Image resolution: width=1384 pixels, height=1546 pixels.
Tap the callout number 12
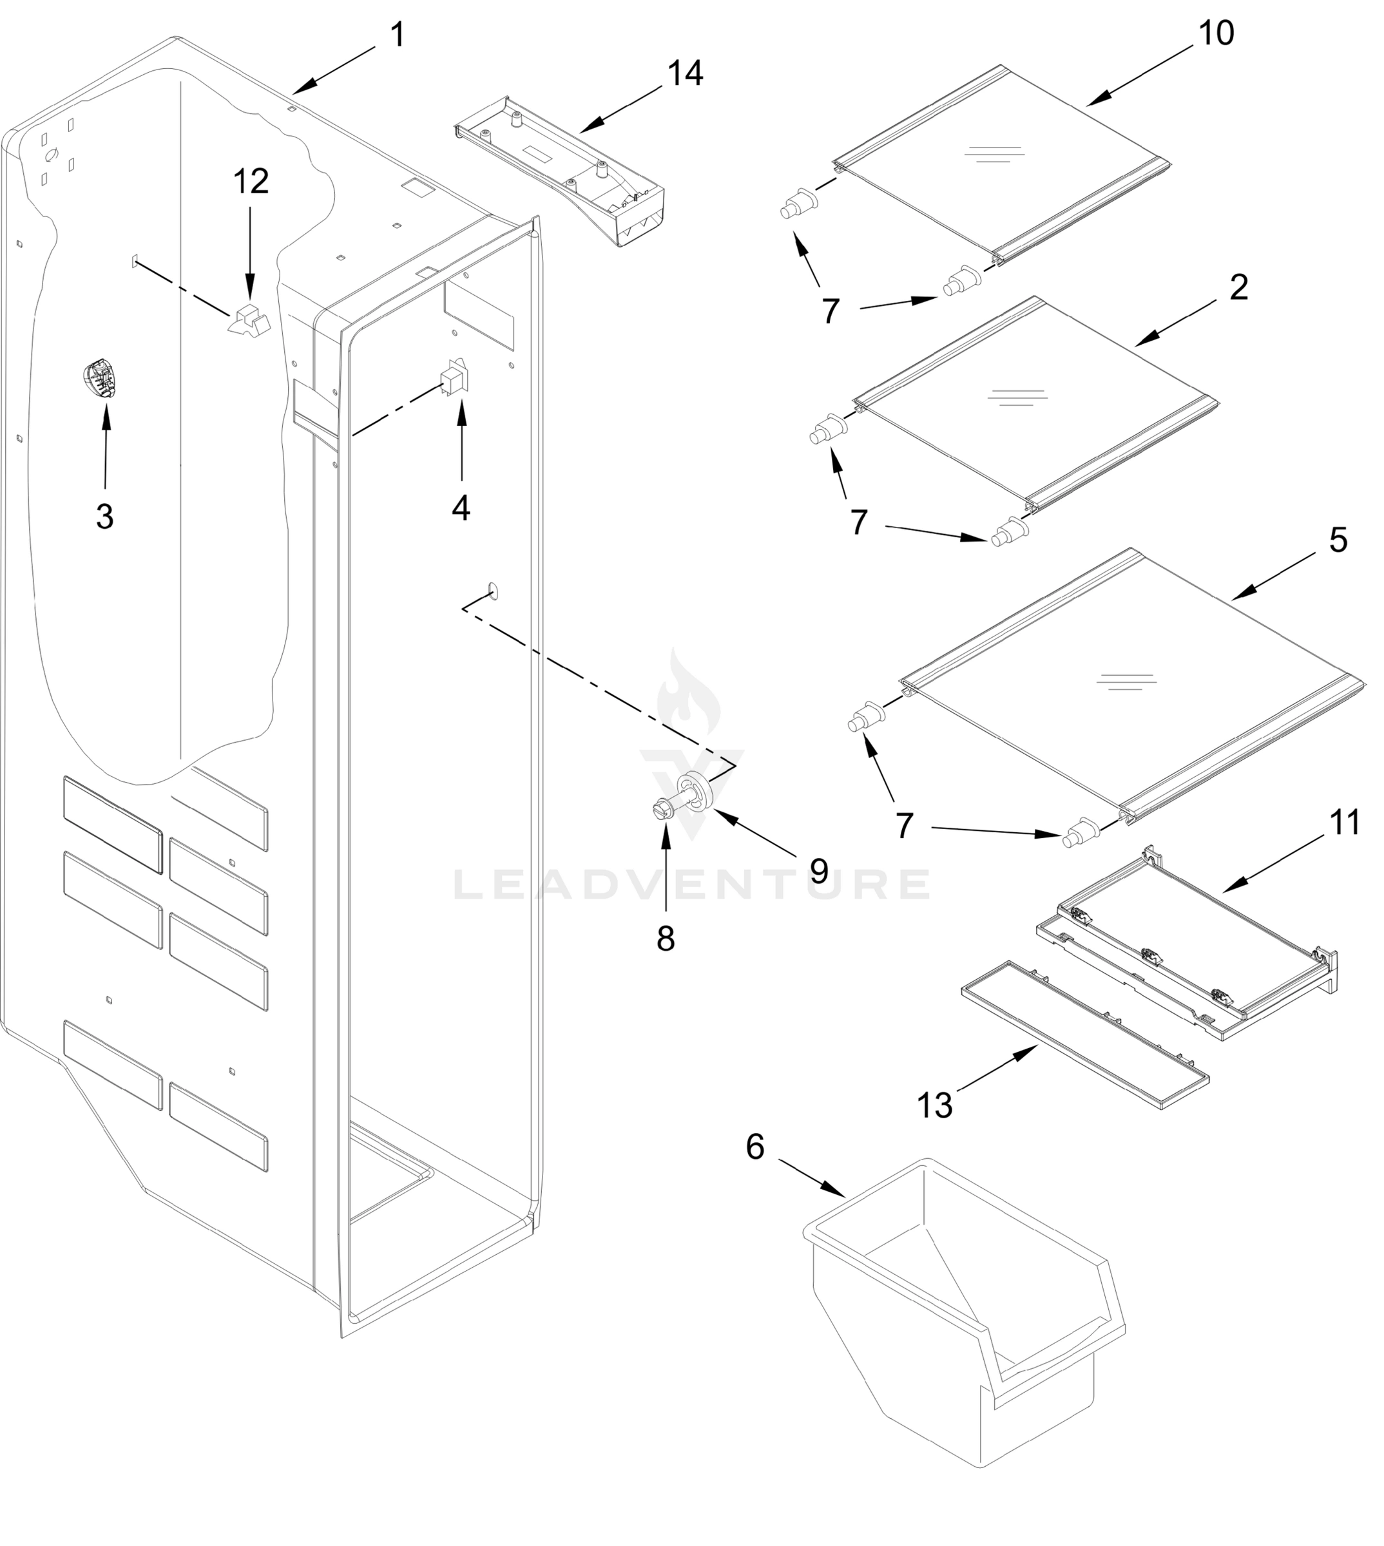coord(250,182)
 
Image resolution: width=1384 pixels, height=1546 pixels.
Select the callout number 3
coord(105,517)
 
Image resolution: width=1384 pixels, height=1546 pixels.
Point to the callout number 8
coord(666,939)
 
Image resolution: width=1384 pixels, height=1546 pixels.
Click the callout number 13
coord(934,1106)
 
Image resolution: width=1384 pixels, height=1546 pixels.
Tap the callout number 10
coord(1216,33)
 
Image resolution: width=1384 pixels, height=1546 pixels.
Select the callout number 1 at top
coord(398,35)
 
